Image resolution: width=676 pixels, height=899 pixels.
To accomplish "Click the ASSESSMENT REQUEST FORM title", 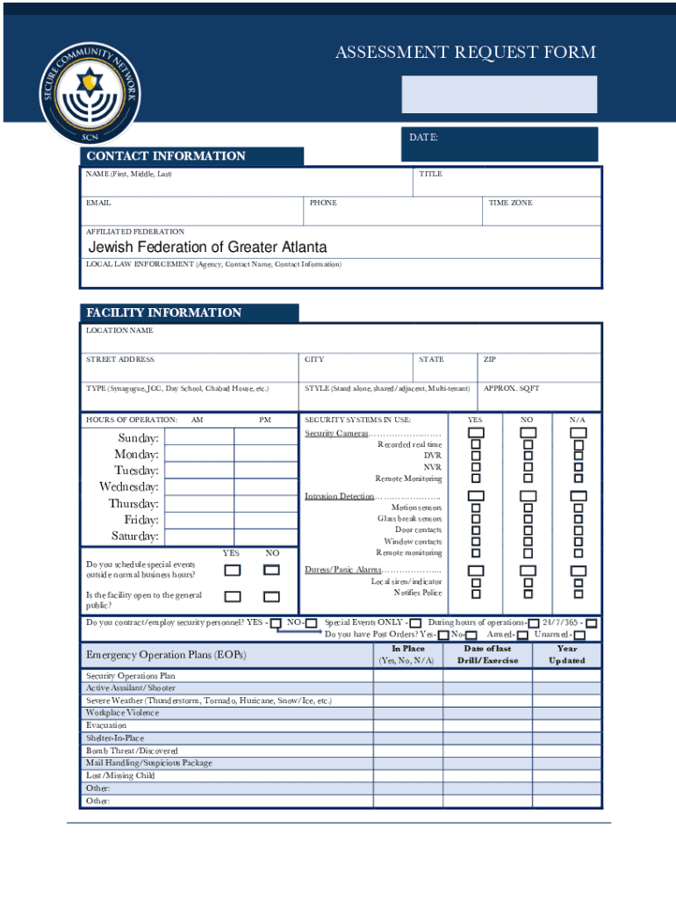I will pyautogui.click(x=465, y=53).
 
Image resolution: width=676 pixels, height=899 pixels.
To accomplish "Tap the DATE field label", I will pyautogui.click(x=424, y=138).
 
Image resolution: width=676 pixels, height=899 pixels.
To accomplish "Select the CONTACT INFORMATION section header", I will pyautogui.click(x=165, y=156).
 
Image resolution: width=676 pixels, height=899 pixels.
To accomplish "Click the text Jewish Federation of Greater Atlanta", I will pyautogui.click(x=207, y=248).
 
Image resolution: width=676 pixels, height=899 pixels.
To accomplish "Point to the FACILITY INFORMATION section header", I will pyautogui.click(x=163, y=313).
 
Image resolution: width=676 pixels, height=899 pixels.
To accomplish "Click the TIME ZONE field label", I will pyautogui.click(x=510, y=203).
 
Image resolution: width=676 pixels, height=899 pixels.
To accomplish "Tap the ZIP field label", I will pyautogui.click(x=490, y=359).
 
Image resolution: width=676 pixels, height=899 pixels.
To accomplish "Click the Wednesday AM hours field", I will pyautogui.click(x=199, y=487).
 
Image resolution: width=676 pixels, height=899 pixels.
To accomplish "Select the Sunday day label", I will pyautogui.click(x=139, y=438).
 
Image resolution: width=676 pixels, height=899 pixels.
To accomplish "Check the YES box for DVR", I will pyautogui.click(x=476, y=456).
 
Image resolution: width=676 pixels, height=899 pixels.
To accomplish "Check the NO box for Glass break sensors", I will pyautogui.click(x=528, y=519).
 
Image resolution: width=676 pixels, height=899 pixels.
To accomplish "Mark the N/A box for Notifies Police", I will pyautogui.click(x=579, y=593).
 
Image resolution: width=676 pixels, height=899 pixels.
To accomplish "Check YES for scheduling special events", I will pyautogui.click(x=232, y=570).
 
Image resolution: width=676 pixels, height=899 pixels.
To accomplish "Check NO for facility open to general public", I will pyautogui.click(x=272, y=597).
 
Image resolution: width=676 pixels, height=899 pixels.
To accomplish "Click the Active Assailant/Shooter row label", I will pyautogui.click(x=131, y=688).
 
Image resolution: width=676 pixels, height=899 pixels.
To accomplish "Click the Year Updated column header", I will pyautogui.click(x=567, y=655).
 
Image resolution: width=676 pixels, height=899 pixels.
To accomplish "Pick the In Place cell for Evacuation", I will pyautogui.click(x=406, y=726).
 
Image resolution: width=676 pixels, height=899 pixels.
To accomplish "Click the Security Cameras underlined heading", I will pyautogui.click(x=336, y=434).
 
